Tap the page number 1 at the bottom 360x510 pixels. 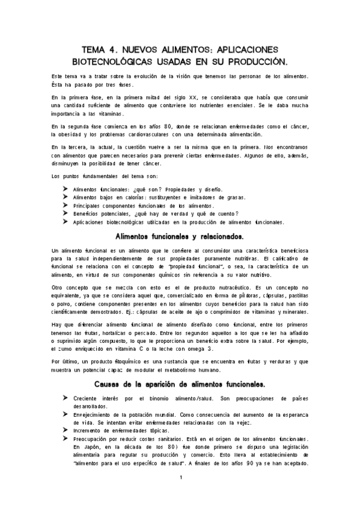(180, 478)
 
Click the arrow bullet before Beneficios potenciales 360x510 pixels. (65, 214)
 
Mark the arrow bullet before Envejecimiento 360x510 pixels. (65, 415)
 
